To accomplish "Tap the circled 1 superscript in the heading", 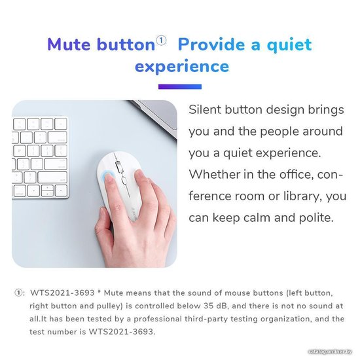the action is (161, 41).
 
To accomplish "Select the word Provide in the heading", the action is (211, 44).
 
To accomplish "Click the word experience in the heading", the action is (182, 66).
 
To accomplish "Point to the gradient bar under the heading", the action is (180, 86).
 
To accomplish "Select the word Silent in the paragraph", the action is (205, 109).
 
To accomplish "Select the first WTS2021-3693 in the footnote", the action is (62, 293).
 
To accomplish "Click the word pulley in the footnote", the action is (111, 306).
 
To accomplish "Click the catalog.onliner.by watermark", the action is (330, 351).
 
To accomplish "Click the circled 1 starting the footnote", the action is (18, 293).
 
